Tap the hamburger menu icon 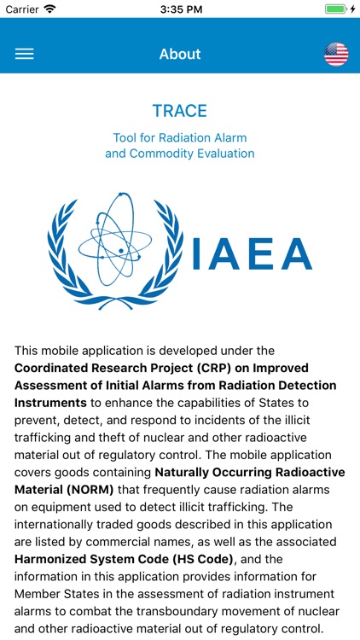click(x=25, y=54)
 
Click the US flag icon click(x=336, y=54)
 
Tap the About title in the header click(x=180, y=54)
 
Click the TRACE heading click(x=180, y=111)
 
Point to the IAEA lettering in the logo click(x=253, y=253)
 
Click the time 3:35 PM click(x=180, y=9)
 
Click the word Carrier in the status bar click(x=23, y=9)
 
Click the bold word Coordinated click(x=52, y=368)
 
